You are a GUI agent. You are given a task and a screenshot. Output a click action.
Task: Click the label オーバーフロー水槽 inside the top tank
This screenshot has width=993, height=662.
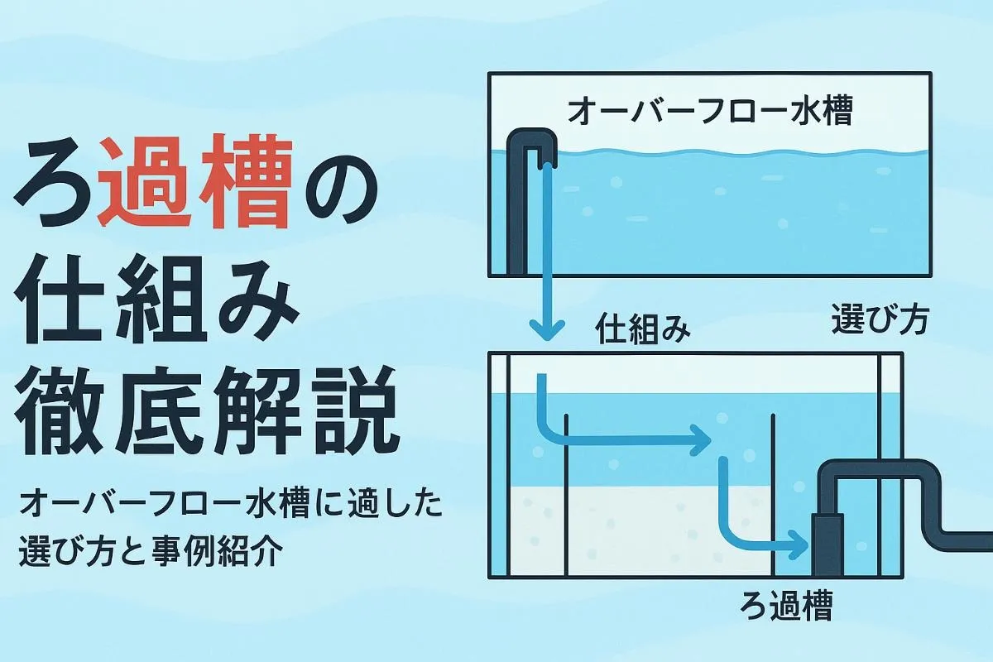(x=708, y=113)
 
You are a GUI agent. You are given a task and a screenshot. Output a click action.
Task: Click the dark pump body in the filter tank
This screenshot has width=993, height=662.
(x=827, y=542)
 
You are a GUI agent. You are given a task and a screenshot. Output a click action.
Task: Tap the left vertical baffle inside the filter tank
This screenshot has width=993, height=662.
(x=565, y=496)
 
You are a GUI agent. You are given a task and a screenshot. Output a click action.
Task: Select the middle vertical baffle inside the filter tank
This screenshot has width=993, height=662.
(x=772, y=496)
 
